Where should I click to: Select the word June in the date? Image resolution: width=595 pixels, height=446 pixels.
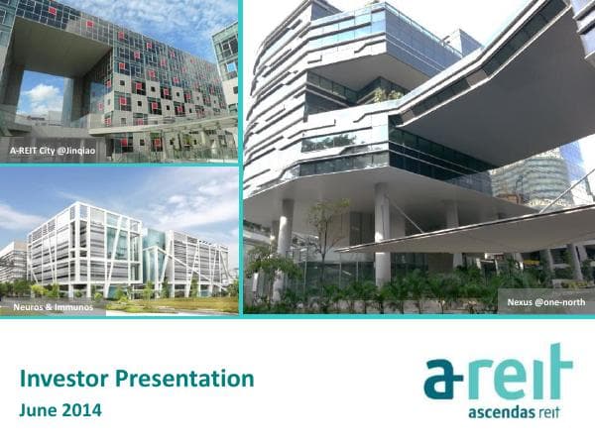click(41, 407)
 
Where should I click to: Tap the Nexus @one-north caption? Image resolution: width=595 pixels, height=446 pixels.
click(543, 300)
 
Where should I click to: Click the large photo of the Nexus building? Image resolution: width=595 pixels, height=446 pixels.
click(416, 149)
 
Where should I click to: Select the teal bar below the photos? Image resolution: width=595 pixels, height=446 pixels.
click(297, 319)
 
